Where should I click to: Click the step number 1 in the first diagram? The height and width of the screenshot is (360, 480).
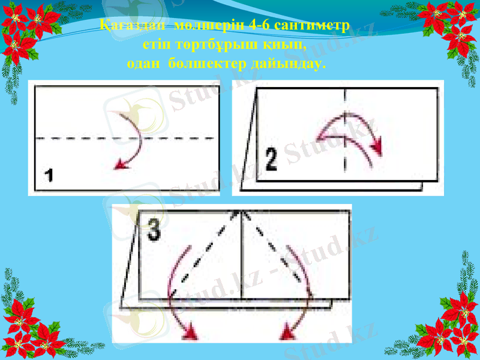tap(49, 177)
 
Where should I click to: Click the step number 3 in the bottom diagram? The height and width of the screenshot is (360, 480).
tap(154, 230)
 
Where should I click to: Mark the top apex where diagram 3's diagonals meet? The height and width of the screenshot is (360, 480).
tap(241, 211)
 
